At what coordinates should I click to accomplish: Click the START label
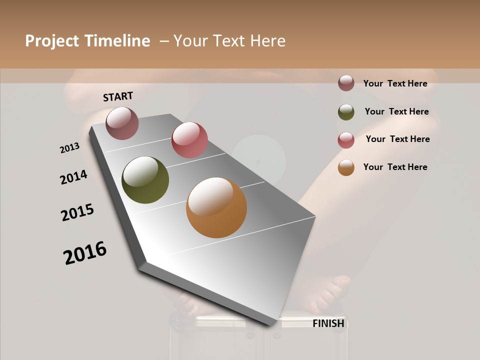(x=118, y=96)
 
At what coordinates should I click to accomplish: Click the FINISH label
(x=328, y=323)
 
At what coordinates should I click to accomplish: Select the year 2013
(x=69, y=147)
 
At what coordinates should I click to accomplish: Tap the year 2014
(x=73, y=177)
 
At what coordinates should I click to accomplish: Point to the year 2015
(x=77, y=212)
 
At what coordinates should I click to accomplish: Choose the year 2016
(x=85, y=253)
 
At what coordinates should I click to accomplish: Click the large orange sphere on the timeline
(x=216, y=207)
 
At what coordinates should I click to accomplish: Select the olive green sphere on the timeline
(x=145, y=180)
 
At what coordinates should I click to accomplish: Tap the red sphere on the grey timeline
(x=189, y=140)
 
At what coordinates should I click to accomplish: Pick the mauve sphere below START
(x=122, y=123)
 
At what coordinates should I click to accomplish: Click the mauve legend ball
(x=346, y=83)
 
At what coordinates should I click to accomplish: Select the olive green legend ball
(x=346, y=112)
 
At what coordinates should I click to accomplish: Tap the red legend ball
(x=346, y=140)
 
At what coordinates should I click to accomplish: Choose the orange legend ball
(x=346, y=167)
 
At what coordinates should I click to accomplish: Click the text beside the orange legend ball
(x=395, y=167)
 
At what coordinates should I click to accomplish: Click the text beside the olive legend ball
(x=396, y=111)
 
